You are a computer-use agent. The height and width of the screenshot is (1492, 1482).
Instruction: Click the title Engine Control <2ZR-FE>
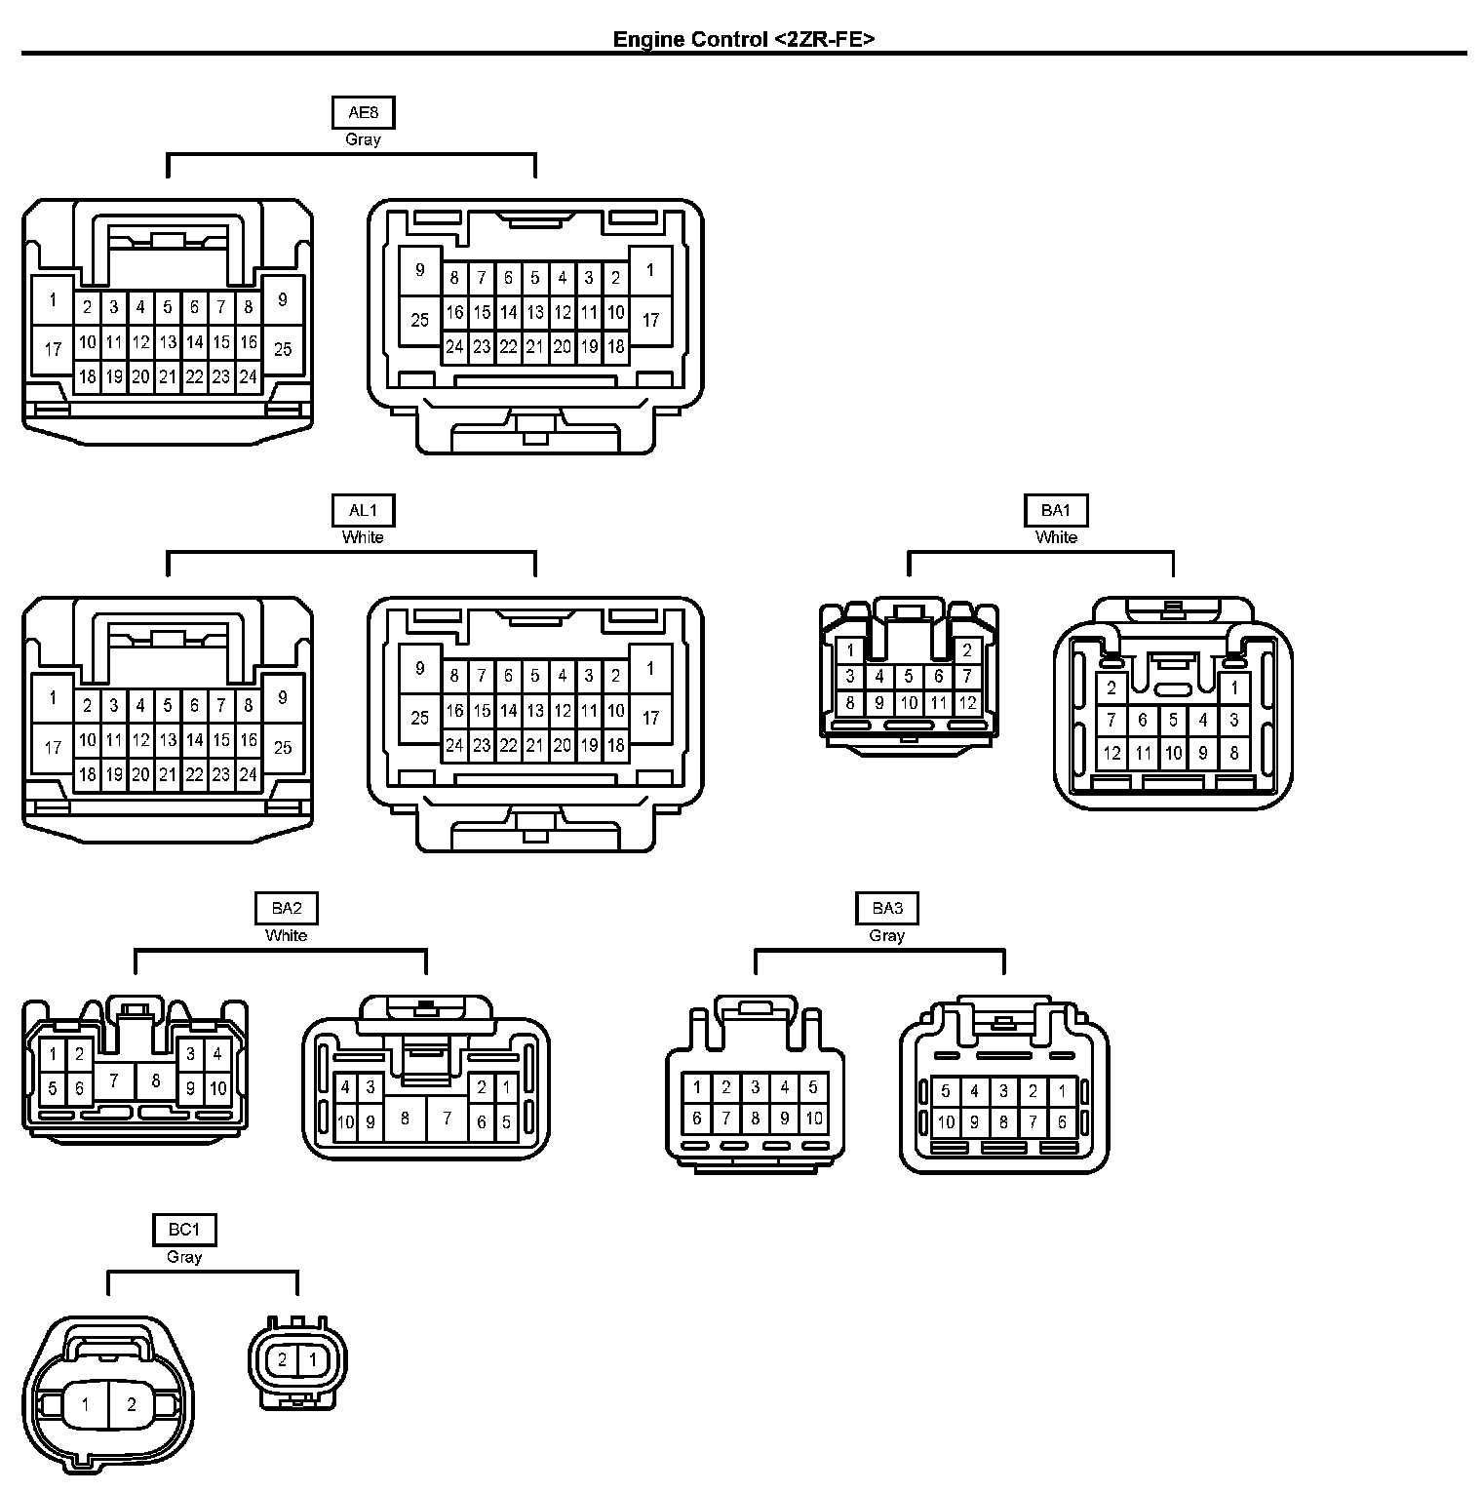[x=743, y=39]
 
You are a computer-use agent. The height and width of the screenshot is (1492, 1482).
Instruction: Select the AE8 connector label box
[x=363, y=112]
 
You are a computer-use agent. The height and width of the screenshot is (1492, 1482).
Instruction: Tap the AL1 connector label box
[x=363, y=510]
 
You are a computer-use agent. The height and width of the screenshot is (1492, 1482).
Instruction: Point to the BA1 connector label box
[x=1056, y=510]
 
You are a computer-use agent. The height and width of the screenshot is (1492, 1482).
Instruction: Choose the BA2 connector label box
[x=287, y=908]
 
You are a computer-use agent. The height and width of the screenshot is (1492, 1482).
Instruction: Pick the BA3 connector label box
[x=887, y=908]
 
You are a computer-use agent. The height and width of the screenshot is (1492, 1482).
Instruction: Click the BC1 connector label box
[x=184, y=1230]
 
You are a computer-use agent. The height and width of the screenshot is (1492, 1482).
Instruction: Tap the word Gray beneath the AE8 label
[x=363, y=139]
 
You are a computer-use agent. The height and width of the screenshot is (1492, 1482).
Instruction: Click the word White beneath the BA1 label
[x=1056, y=537]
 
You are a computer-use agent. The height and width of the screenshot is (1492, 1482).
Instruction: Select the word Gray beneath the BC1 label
[x=184, y=1257]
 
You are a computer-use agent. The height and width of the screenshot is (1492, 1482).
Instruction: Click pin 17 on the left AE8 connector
[x=53, y=349]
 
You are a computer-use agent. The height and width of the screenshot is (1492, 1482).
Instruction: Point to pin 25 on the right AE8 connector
[x=420, y=320]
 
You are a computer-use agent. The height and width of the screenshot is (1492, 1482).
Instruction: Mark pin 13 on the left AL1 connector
[x=168, y=740]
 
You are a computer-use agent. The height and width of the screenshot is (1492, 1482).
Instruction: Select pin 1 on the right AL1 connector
[x=650, y=668]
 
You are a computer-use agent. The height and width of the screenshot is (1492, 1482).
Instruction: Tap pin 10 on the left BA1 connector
[x=909, y=702]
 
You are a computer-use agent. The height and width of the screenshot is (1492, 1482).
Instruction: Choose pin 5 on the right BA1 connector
[x=1173, y=720]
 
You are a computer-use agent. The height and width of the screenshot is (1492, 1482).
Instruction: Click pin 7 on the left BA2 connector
[x=114, y=1080]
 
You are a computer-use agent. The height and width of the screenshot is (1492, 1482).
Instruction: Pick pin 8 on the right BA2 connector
[x=405, y=1118]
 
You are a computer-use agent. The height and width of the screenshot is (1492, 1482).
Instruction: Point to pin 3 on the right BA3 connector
[x=1003, y=1091]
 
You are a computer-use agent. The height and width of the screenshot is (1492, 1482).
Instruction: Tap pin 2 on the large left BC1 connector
[x=132, y=1404]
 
